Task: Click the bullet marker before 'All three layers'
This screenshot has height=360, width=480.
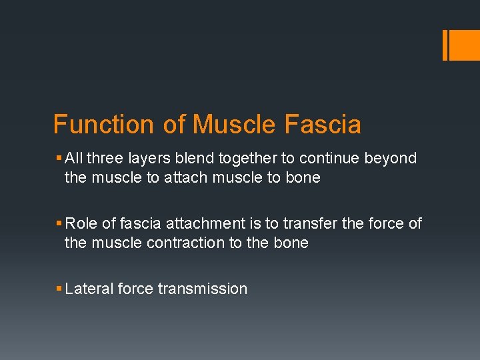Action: coord(59,159)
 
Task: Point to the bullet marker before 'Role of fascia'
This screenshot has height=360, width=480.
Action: coord(59,224)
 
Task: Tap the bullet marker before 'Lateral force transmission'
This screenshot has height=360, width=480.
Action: coord(59,289)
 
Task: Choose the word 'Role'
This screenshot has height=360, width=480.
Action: coord(81,224)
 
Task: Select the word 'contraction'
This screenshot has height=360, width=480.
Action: coord(186,243)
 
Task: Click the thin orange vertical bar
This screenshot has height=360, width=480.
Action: coord(445,45)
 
